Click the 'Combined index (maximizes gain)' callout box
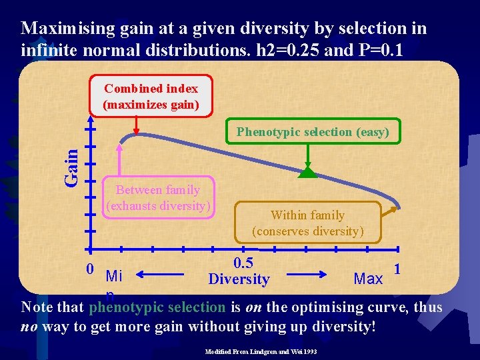pyautogui.click(x=151, y=96)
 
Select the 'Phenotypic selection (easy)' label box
pyautogui.click(x=313, y=132)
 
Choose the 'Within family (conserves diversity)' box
pyautogui.click(x=307, y=223)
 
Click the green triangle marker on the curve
pyautogui.click(x=307, y=173)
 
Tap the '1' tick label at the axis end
pyautogui.click(x=397, y=269)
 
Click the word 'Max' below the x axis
pyautogui.click(x=368, y=278)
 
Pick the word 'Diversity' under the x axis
pyautogui.click(x=239, y=279)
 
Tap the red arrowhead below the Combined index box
pyautogui.click(x=136, y=130)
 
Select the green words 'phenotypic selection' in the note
pyautogui.click(x=157, y=307)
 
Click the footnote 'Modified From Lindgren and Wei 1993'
pyautogui.click(x=261, y=350)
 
